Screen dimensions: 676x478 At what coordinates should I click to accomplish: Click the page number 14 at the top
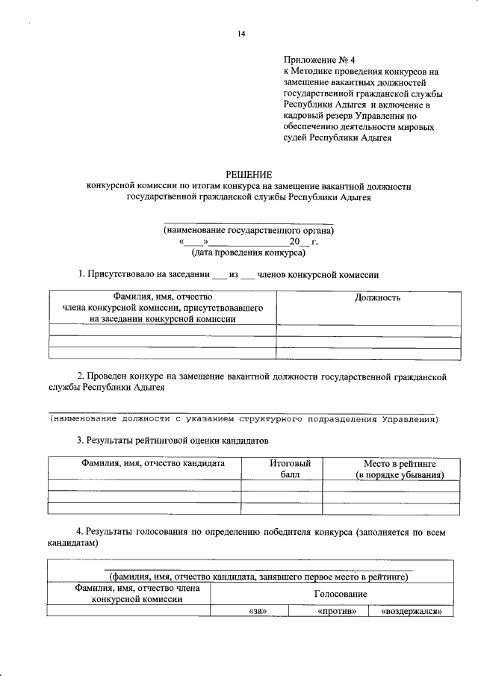[x=241, y=34]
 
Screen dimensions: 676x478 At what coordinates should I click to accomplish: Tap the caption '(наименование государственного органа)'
[x=249, y=231]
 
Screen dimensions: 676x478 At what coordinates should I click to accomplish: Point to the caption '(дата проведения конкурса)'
[x=249, y=253]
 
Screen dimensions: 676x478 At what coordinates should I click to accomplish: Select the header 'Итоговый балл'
[x=282, y=469]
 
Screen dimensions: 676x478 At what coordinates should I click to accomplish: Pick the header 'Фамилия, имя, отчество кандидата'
[x=143, y=464]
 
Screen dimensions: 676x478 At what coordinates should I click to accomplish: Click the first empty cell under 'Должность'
[x=368, y=330]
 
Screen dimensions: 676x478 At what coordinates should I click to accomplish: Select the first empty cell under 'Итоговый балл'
[x=282, y=486]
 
